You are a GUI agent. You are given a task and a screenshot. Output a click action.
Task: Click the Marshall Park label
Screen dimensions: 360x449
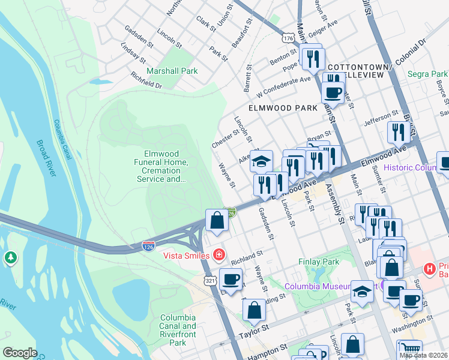click(x=172, y=71)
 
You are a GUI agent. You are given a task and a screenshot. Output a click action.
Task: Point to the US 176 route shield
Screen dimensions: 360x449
click(x=289, y=37)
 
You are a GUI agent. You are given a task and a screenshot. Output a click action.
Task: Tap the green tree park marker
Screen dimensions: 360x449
click(x=10, y=258)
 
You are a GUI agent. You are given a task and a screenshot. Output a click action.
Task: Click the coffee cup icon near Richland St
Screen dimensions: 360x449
click(x=231, y=279)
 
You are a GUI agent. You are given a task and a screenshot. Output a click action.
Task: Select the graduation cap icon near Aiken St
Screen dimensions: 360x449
click(x=261, y=161)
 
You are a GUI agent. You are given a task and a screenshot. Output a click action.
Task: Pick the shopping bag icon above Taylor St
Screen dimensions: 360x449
click(x=254, y=310)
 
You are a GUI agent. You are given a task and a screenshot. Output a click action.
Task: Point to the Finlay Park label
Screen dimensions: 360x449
click(x=319, y=262)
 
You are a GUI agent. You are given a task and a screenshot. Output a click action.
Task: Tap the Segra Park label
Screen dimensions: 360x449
click(x=427, y=74)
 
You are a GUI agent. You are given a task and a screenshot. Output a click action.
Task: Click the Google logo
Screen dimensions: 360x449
click(x=20, y=353)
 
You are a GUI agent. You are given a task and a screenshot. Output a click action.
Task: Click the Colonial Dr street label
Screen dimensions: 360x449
click(x=410, y=50)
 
